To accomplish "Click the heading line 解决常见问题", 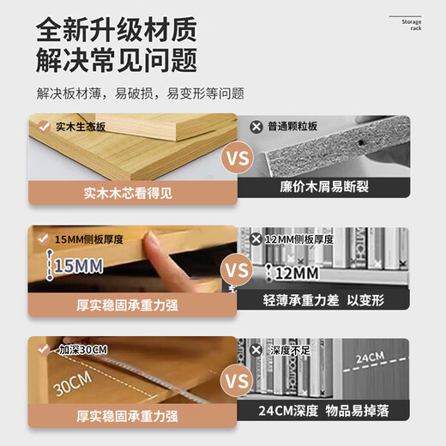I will click(117, 61).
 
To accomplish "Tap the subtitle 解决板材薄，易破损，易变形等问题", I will click(140, 93).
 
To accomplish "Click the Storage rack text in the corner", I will click(410, 23).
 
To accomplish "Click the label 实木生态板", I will click(80, 126).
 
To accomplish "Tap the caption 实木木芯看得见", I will click(128, 193).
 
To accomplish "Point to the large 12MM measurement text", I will click(296, 273).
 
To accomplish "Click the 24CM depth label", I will click(370, 357).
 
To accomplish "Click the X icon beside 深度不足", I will click(255, 349).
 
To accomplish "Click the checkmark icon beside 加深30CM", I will click(44, 350).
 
